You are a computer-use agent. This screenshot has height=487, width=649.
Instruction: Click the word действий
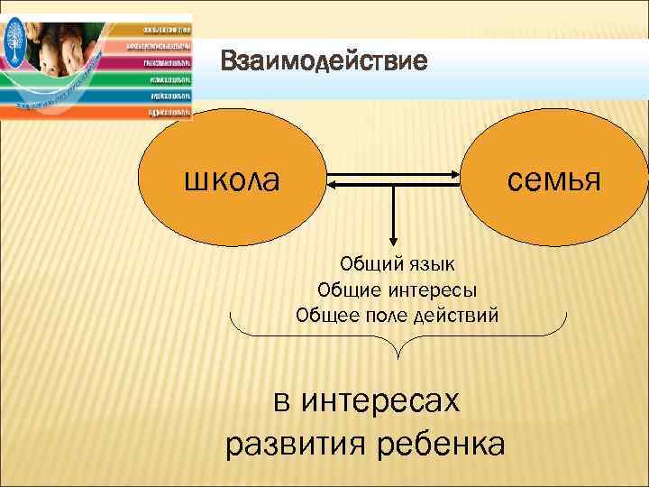(x=456, y=316)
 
